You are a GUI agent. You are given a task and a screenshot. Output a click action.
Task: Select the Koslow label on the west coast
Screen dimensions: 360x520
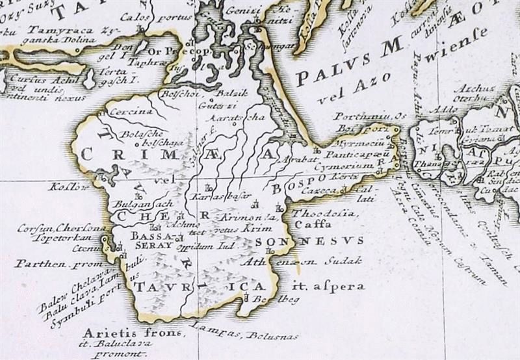tap(67, 187)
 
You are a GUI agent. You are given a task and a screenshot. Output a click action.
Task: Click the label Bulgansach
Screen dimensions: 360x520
tap(143, 203)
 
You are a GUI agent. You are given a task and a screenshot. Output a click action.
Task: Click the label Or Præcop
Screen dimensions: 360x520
tap(179, 51)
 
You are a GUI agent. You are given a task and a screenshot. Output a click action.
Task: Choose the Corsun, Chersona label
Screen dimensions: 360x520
tap(62, 228)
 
